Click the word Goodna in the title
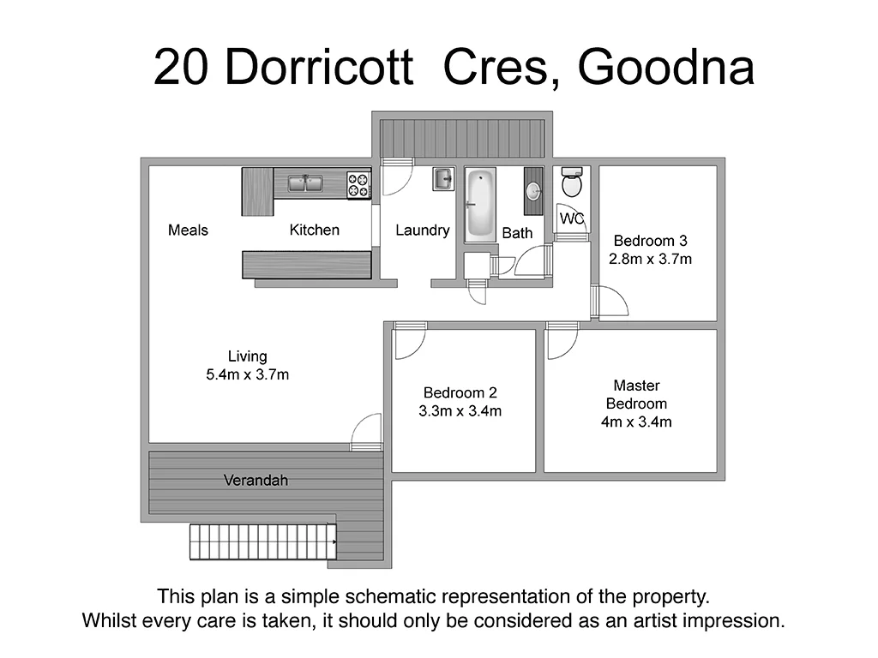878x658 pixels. pos(665,69)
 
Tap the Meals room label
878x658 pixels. pos(188,230)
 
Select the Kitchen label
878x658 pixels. pos(314,230)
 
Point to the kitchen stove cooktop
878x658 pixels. pos(358,185)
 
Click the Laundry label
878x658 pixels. pos(422,230)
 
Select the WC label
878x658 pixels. pos(572,219)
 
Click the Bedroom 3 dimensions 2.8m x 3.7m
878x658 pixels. pos(650,258)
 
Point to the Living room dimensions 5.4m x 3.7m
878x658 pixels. pos(247,374)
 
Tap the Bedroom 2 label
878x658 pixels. pos(460,393)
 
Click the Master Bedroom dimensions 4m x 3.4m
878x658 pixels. pos(636,422)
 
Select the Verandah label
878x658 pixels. pos(256,481)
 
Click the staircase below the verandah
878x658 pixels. pos(262,542)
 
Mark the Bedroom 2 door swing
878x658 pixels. pos(409,344)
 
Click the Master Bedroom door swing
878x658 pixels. pos(562,344)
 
